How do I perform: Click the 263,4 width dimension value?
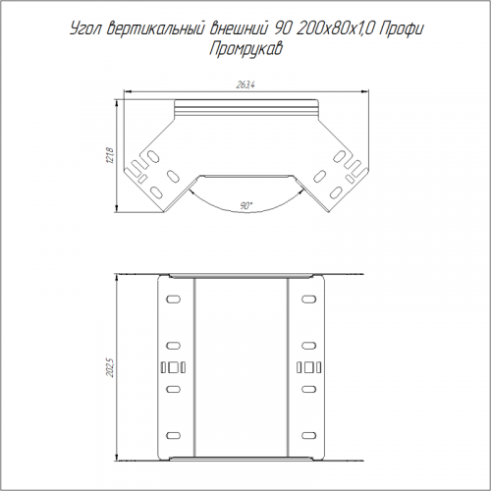245,85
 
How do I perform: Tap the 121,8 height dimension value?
110,156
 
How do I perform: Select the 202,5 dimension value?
110,367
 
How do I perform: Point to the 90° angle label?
246,206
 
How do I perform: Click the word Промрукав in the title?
245,49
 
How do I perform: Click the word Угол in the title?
85,29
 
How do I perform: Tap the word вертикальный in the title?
155,28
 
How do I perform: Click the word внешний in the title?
238,28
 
